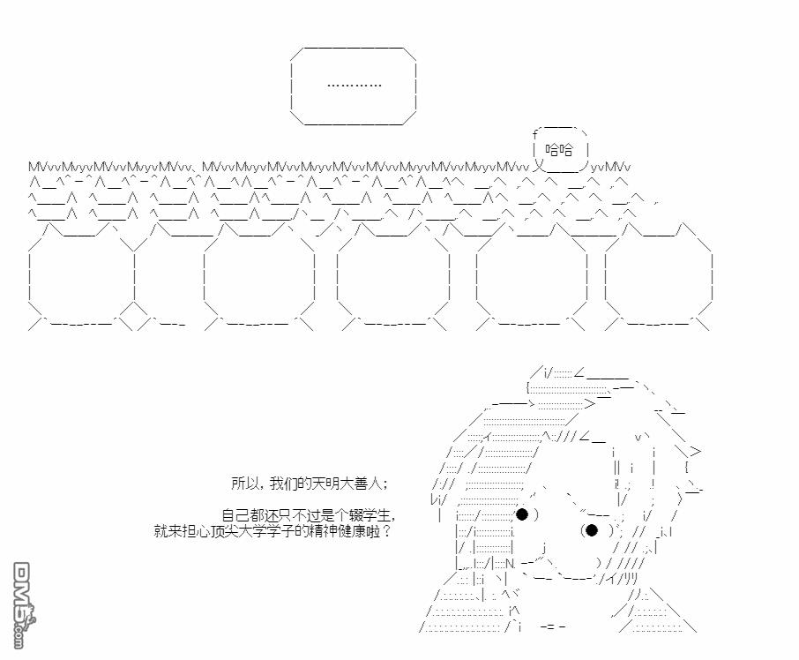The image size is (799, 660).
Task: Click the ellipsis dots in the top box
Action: point(355,85)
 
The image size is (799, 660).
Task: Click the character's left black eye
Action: point(522,514)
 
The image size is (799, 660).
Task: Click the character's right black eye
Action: point(592,530)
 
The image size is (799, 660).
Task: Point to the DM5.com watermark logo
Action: point(23,605)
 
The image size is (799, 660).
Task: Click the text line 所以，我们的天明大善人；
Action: point(310,484)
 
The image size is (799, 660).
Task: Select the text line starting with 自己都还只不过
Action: point(309,515)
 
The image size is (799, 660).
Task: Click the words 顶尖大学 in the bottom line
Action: point(230,531)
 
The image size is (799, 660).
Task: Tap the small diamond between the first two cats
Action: point(133,316)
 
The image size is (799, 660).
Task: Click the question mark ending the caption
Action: point(386,531)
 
